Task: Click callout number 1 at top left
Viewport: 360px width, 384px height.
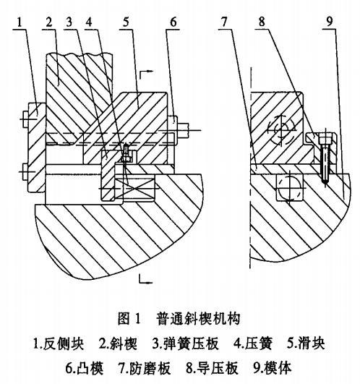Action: click(x=20, y=22)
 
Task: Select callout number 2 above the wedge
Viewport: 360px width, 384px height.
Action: click(x=49, y=22)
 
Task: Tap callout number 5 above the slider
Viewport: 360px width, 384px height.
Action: click(x=126, y=22)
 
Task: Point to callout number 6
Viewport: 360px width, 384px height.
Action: click(x=173, y=22)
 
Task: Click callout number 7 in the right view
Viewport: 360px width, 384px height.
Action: click(x=224, y=22)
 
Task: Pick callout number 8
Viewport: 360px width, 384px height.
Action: click(x=262, y=22)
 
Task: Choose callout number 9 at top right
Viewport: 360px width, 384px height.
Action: click(x=330, y=22)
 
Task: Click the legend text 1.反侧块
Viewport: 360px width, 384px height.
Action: click(x=59, y=344)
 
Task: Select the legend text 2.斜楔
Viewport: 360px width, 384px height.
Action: click(x=118, y=344)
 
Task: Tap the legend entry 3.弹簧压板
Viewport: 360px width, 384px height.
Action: click(x=185, y=344)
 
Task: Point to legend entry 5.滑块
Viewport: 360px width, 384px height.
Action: click(x=306, y=344)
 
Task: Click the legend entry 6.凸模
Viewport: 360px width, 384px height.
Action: click(x=85, y=368)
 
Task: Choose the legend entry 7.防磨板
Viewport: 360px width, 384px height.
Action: click(x=145, y=368)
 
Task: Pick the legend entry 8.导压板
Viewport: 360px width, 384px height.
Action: click(x=212, y=368)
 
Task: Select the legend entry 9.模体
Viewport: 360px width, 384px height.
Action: click(x=272, y=368)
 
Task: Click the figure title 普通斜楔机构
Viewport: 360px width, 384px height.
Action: click(x=198, y=318)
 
